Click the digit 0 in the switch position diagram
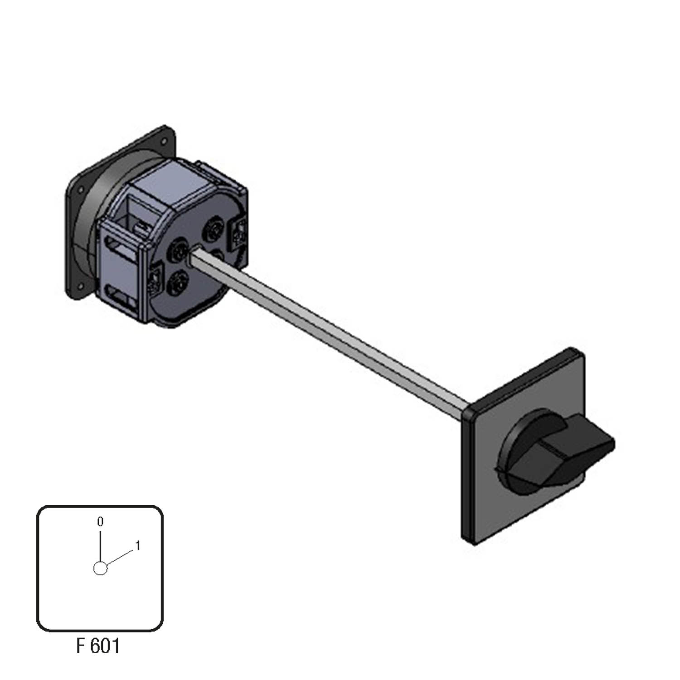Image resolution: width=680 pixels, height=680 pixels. [100, 522]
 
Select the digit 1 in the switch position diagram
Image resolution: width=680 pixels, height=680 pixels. [138, 546]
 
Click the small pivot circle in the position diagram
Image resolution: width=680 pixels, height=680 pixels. [100, 568]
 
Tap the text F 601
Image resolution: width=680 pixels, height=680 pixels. [98, 646]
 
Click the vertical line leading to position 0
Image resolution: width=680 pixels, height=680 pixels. [100, 545]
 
